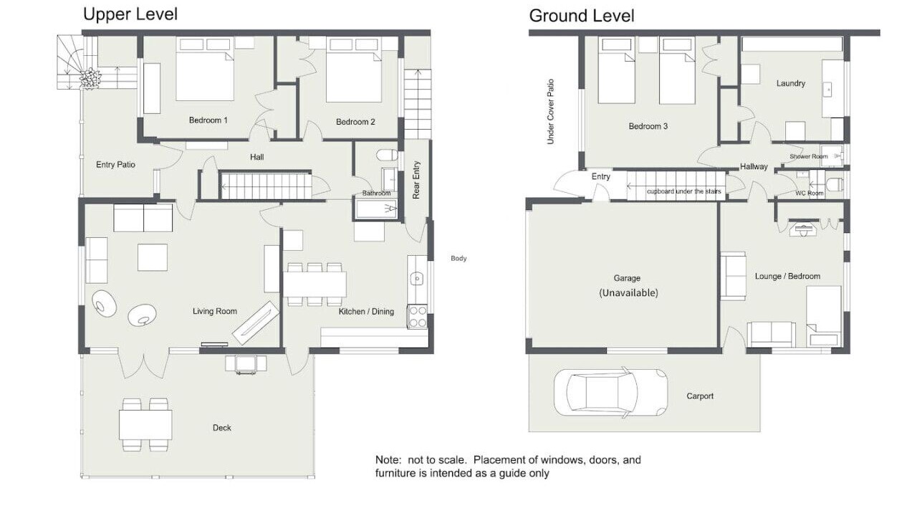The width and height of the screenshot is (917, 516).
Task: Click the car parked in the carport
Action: pos(610,392)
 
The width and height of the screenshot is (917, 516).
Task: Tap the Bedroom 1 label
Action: pos(208,120)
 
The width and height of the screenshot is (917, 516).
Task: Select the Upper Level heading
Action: pos(130,14)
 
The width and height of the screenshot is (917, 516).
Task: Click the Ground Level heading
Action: pos(581,16)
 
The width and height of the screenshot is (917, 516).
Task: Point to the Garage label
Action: pos(627,278)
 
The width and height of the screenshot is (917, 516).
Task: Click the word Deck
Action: pos(222,428)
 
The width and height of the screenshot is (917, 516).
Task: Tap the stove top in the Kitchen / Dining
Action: pos(417,317)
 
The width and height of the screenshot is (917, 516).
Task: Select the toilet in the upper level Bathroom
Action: pos(387,156)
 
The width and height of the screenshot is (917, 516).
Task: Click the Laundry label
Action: pos(790,83)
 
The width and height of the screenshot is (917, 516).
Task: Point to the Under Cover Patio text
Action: pos(551,111)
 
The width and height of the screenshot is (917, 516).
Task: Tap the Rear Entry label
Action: pos(416,180)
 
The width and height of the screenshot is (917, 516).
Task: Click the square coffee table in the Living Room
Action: pos(153,257)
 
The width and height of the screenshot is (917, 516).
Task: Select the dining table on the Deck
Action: pos(145,425)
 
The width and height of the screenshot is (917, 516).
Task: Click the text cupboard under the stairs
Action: pos(683,191)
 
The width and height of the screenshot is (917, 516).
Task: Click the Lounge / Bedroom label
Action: pos(787,276)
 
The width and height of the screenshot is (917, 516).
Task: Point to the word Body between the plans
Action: pos(458,259)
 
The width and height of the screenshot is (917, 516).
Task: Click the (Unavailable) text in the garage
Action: pos(628,293)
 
